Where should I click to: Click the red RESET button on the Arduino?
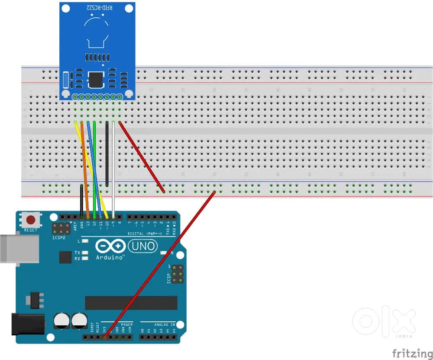pyautogui.click(x=30, y=219)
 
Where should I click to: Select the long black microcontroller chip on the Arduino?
pyautogui.click(x=131, y=303)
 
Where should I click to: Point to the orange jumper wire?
pyautogui.click(x=85, y=169)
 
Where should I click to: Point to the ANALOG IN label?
pyautogui.click(x=165, y=324)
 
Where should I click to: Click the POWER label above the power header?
pyautogui.click(x=127, y=324)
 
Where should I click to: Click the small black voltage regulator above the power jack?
pyautogui.click(x=35, y=299)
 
